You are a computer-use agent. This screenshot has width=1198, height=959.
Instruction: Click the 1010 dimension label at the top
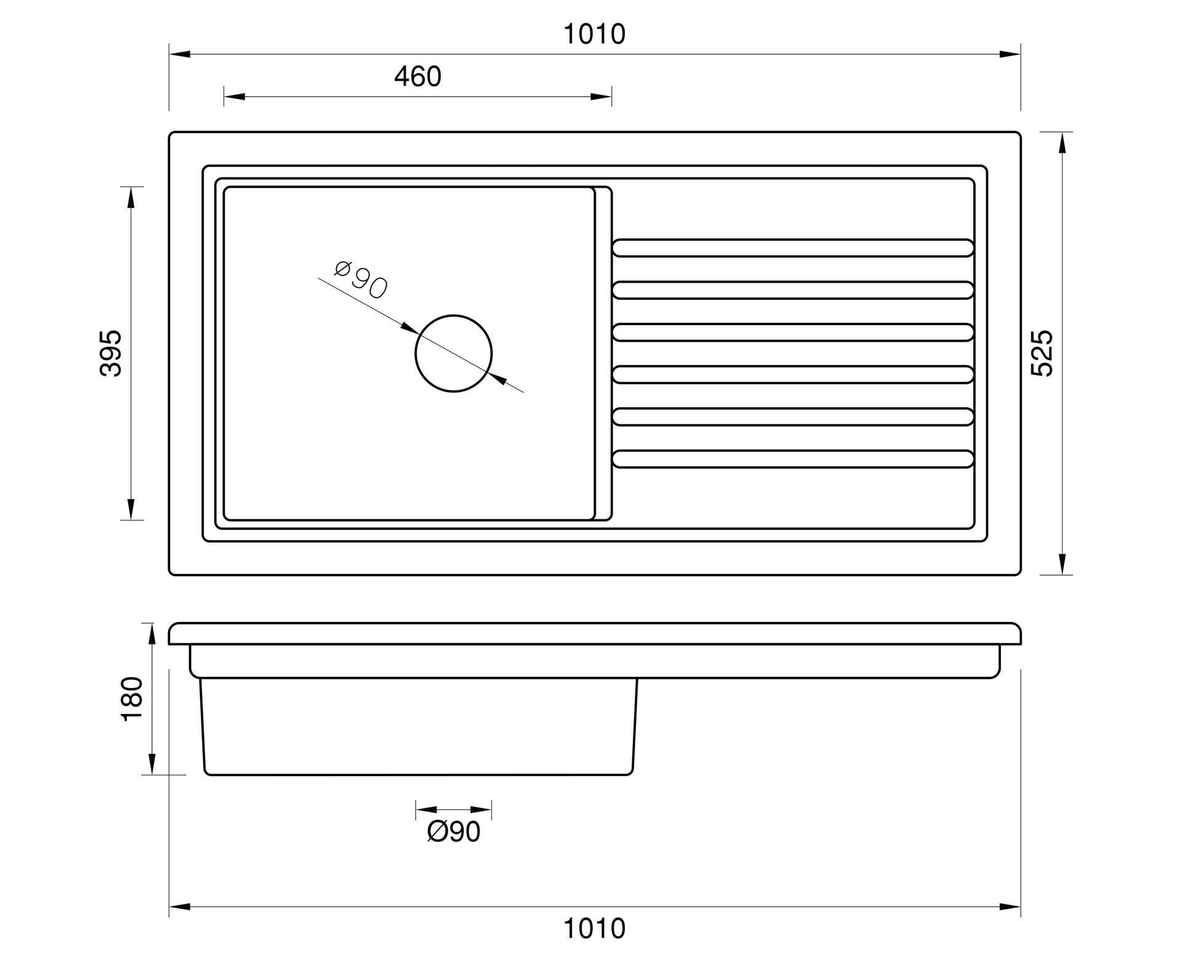pyautogui.click(x=594, y=34)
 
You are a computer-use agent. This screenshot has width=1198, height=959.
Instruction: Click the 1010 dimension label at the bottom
pyautogui.click(x=594, y=928)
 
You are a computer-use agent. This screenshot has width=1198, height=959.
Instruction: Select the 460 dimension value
pyautogui.click(x=417, y=77)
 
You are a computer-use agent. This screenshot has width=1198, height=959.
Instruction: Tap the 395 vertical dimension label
pyautogui.click(x=111, y=353)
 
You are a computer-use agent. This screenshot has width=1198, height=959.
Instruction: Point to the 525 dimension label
pyautogui.click(x=1042, y=353)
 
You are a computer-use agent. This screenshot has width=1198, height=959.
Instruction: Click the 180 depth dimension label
pyautogui.click(x=133, y=698)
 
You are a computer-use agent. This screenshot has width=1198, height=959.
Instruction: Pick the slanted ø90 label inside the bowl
pyautogui.click(x=361, y=280)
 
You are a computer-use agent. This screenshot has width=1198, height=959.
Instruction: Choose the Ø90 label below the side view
pyautogui.click(x=454, y=832)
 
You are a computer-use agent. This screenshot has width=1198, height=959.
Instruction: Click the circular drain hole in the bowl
pyautogui.click(x=454, y=315)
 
